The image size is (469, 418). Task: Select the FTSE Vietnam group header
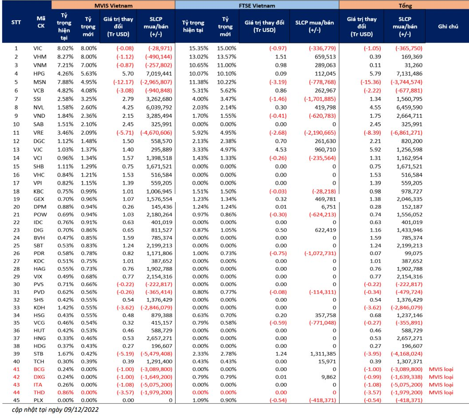(257, 6)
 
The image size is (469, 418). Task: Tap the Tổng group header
(404, 6)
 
